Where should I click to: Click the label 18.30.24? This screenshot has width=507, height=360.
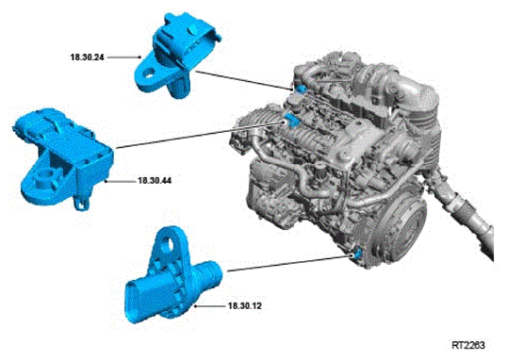coord(88,57)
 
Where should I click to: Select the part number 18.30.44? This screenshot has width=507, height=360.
coord(155,181)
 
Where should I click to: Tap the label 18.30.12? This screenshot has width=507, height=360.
coord(245,305)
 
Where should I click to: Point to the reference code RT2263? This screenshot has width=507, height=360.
coord(468,346)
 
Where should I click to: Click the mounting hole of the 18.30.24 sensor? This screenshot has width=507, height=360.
coord(148,74)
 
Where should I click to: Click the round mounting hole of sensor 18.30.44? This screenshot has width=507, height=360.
coord(42,177)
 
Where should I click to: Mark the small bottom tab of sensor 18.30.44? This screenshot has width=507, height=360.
coord(81,204)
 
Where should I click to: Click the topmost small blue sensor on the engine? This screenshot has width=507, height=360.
coord(301,89)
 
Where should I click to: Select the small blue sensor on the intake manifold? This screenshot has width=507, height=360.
coord(290,120)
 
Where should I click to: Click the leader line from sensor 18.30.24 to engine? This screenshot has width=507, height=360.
coord(245,80)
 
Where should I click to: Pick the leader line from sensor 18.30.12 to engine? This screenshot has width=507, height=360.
coord(289,263)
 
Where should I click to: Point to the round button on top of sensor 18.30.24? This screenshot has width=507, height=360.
coord(192,30)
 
